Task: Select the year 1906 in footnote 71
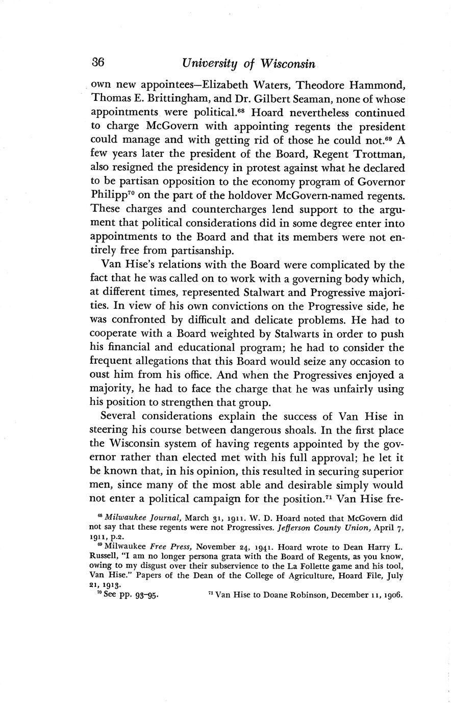pyautogui.click(x=392, y=594)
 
